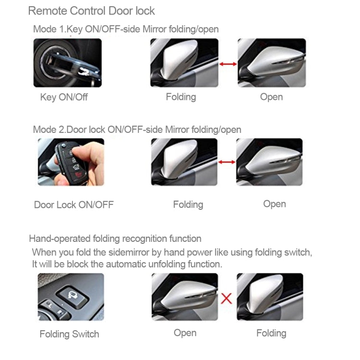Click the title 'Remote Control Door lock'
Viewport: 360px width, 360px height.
click(x=91, y=11)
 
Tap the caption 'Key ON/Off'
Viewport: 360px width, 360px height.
click(x=64, y=97)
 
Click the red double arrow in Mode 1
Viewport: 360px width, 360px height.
click(x=228, y=63)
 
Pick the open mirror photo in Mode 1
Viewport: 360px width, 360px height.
click(x=272, y=62)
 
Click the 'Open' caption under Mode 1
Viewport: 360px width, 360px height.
click(x=271, y=97)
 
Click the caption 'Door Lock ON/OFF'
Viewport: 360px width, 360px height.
click(x=73, y=205)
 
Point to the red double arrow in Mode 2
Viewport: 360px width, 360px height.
click(x=227, y=162)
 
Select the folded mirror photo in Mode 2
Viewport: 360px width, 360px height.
click(x=184, y=162)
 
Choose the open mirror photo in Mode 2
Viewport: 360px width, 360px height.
click(x=269, y=162)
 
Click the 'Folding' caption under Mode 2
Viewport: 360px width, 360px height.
click(x=188, y=205)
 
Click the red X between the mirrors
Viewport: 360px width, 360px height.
click(x=227, y=298)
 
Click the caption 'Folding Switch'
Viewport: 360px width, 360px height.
click(x=69, y=334)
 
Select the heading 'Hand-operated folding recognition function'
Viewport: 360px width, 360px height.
click(x=115, y=239)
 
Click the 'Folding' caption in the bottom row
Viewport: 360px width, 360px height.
click(x=271, y=333)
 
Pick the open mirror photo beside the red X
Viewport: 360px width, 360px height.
click(x=185, y=297)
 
